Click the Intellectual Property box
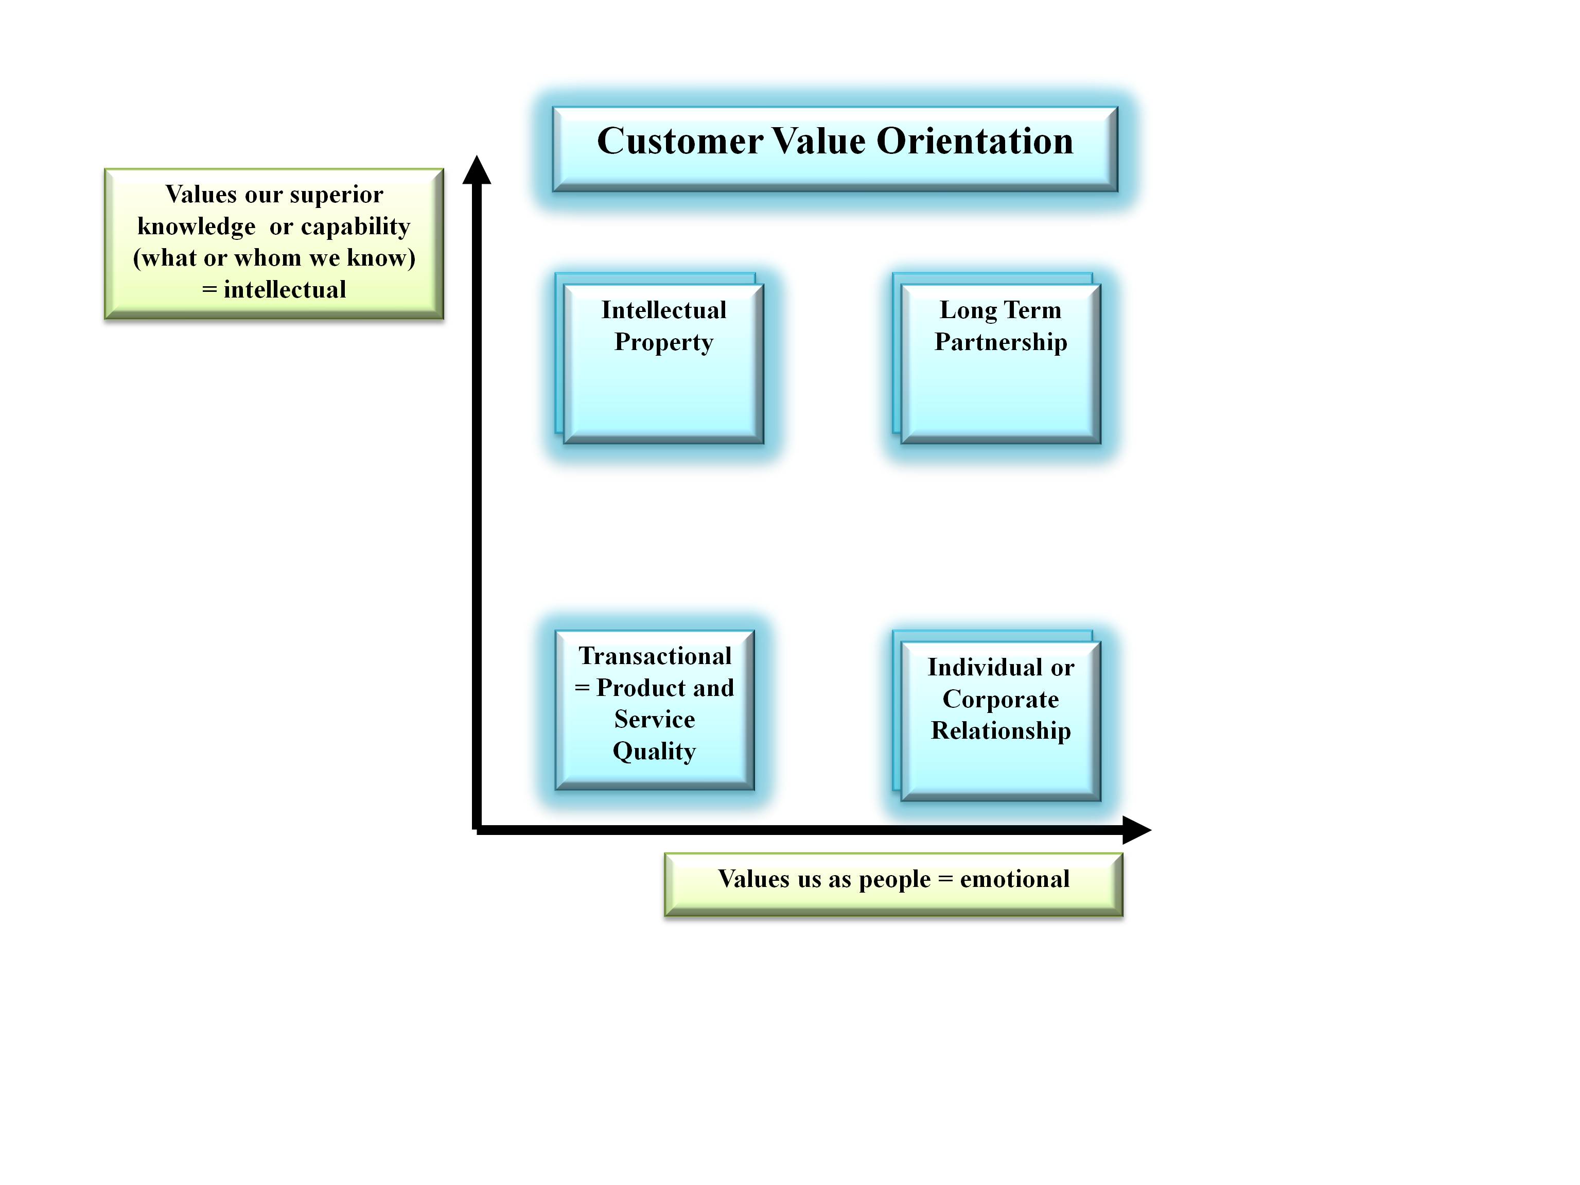663,364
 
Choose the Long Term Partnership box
1000,364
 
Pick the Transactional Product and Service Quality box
654,710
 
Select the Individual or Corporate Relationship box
1000,721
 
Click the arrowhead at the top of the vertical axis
477,170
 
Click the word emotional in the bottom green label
1014,879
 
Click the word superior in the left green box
337,195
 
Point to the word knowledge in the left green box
197,226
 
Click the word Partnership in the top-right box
1000,342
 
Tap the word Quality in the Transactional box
654,752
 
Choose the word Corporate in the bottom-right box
1000,699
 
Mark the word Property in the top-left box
663,342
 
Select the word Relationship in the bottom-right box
1000,730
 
